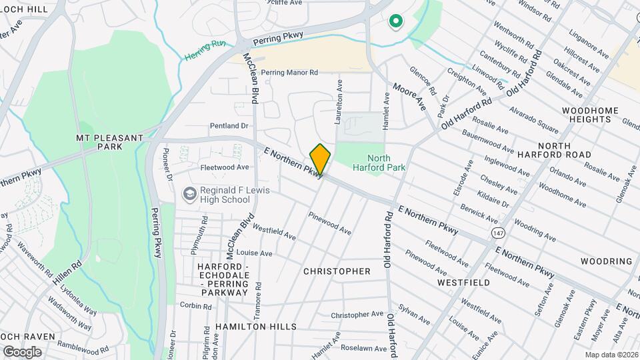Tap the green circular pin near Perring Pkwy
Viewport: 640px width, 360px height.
pyautogui.click(x=395, y=22)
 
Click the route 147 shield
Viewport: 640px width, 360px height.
pyautogui.click(x=498, y=233)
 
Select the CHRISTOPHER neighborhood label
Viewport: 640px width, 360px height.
pyautogui.click(x=337, y=271)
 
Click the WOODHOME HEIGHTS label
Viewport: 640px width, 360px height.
pyautogui.click(x=587, y=115)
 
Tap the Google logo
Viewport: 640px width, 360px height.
pyautogui.click(x=22, y=352)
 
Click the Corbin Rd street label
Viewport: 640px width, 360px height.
pyautogui.click(x=195, y=305)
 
